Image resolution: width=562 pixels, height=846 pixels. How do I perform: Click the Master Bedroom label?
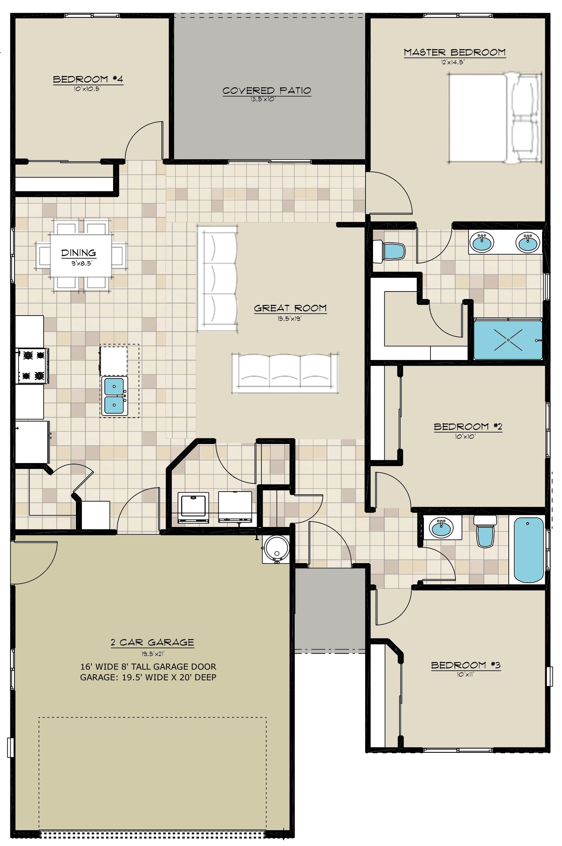point(454,52)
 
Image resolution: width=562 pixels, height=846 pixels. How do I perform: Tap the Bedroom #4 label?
point(88,79)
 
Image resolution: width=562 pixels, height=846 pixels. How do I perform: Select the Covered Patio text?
point(267,91)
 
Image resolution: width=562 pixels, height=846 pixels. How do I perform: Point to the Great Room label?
point(290,308)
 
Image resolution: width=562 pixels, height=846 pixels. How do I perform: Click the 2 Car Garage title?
point(152,642)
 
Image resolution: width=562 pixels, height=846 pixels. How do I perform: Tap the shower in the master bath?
point(508,340)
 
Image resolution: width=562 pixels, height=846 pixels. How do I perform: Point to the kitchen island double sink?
point(114,396)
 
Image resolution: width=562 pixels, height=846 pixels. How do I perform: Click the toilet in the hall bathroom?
point(485,531)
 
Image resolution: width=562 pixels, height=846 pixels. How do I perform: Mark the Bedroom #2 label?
point(468,427)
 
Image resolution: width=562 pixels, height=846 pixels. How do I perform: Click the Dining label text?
point(78,253)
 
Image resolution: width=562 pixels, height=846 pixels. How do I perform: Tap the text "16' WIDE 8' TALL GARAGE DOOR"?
point(148,667)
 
